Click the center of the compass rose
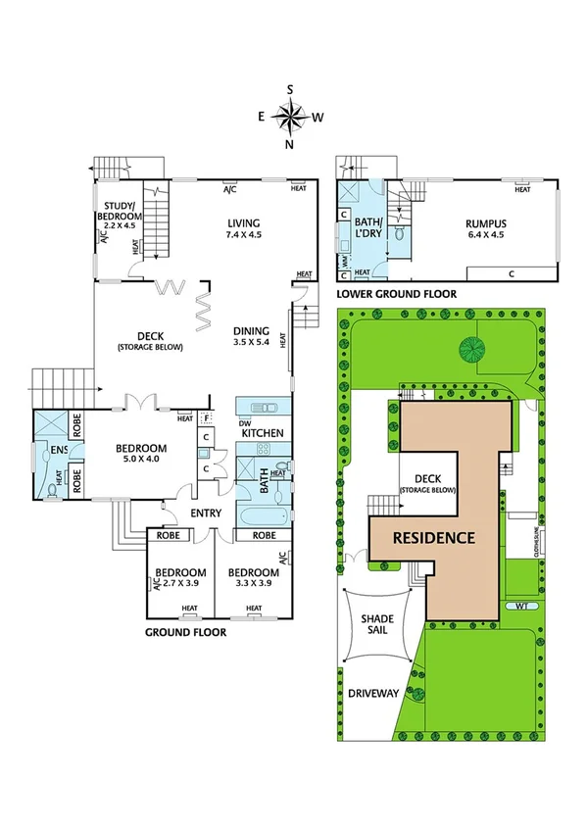pyautogui.click(x=290, y=117)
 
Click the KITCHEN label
pyautogui.click(x=262, y=432)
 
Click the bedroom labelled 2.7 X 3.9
pyautogui.click(x=178, y=578)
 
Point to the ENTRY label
pyautogui.click(x=207, y=513)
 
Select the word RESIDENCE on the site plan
pyautogui.click(x=434, y=538)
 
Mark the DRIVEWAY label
pyautogui.click(x=374, y=693)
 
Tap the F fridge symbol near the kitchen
pyautogui.click(x=207, y=418)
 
